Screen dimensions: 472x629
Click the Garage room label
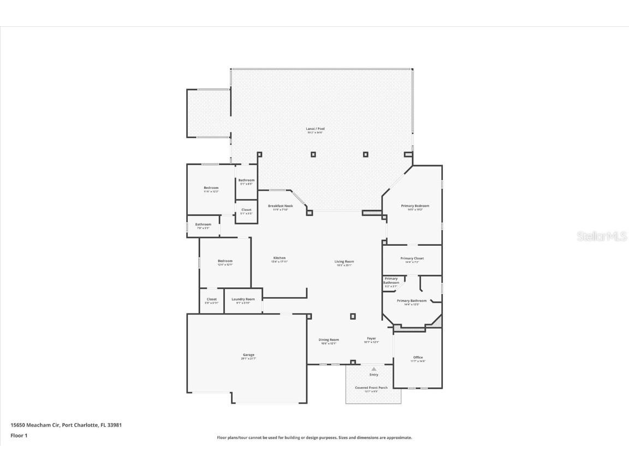248,355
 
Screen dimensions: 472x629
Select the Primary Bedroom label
415,206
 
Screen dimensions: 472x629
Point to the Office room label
418,358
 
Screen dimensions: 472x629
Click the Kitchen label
280,258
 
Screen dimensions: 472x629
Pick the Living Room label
344,262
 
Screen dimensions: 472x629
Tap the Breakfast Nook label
280,206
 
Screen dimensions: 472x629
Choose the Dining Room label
329,340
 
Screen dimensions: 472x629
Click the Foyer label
371,339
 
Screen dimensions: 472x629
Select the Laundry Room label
243,299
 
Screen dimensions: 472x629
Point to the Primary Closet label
412,258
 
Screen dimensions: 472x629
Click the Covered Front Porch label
371,388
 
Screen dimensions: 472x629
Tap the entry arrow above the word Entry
374,369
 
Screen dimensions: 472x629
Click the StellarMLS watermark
602,237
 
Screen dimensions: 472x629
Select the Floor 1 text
19,435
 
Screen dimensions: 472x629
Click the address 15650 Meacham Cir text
62,424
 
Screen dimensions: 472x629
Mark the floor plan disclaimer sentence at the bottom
314,438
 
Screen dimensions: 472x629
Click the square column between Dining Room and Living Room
353,316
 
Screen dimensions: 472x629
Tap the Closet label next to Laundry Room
211,299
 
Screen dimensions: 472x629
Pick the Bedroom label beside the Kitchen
225,261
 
